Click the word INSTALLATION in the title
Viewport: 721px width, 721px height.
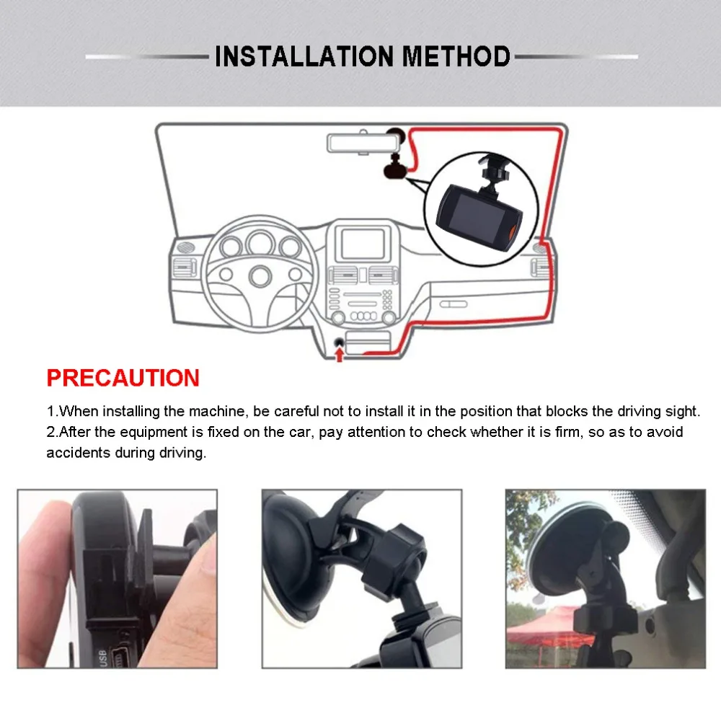point(304,56)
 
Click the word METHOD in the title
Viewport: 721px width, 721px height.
point(456,56)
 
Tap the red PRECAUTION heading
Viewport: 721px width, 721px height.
point(123,378)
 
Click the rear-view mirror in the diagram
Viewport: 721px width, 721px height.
point(360,143)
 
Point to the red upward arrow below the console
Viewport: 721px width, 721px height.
point(340,355)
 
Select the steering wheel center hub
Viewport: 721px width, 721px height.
point(260,276)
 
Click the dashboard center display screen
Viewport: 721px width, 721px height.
point(363,244)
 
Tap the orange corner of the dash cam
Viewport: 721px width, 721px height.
point(513,231)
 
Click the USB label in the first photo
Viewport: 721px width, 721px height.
point(102,658)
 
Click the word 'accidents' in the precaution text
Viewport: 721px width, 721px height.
point(78,453)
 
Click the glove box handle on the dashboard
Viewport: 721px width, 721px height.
point(454,304)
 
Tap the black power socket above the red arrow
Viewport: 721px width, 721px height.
point(340,342)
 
